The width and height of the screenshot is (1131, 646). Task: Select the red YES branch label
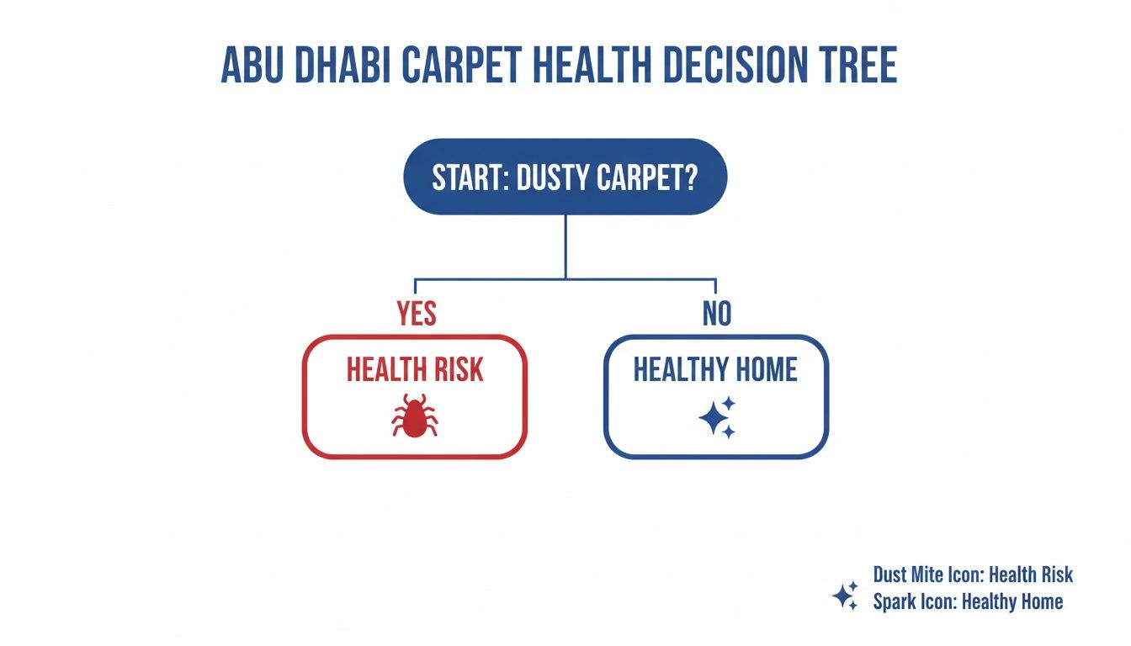click(416, 314)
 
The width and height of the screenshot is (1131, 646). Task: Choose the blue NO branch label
click(716, 314)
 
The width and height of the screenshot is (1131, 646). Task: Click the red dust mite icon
click(414, 415)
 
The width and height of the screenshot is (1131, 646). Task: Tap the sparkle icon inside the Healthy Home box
click(716, 416)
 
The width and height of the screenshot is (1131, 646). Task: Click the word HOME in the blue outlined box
click(762, 370)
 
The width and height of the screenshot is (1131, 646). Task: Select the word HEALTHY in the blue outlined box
click(676, 370)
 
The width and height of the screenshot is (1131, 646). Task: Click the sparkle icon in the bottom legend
click(845, 596)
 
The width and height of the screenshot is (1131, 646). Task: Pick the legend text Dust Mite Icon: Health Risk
click(973, 575)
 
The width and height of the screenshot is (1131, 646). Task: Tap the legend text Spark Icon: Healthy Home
click(968, 601)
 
